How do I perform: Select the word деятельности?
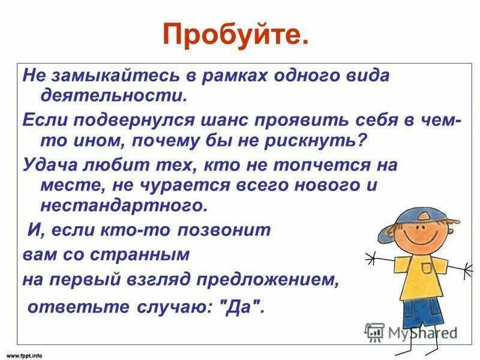coord(113,95)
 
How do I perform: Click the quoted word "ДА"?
coord(242,307)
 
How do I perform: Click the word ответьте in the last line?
coord(64,307)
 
